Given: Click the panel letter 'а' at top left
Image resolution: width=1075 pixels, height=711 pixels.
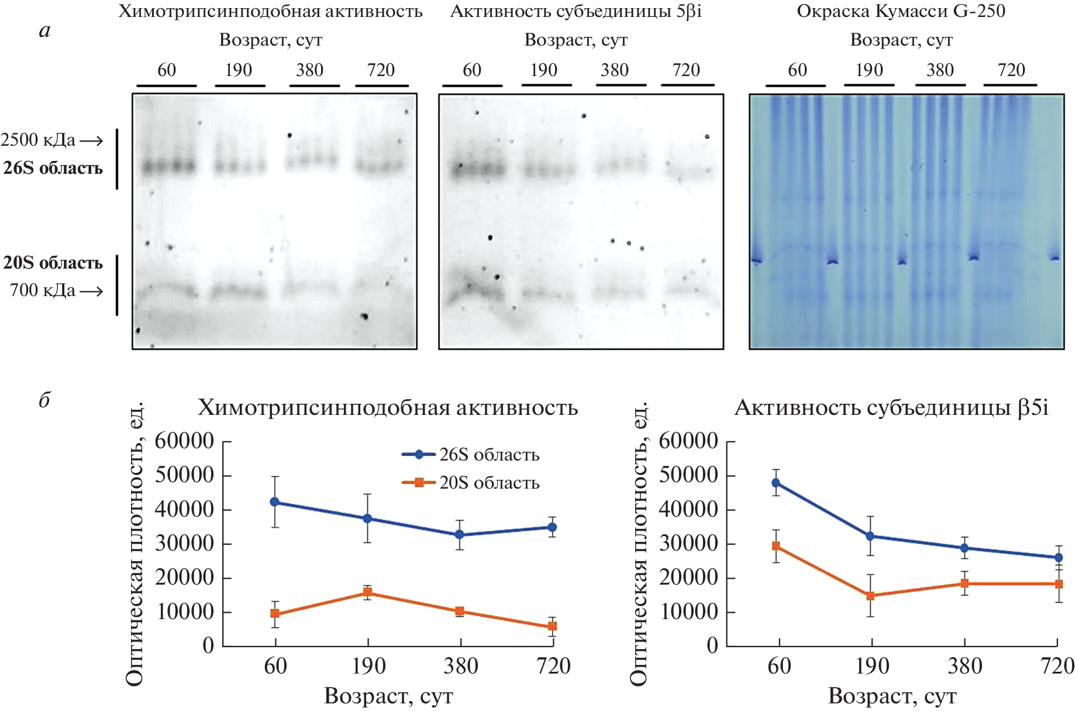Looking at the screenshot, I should (45, 30).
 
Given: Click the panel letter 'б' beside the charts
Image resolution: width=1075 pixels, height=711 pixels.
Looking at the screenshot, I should (44, 400).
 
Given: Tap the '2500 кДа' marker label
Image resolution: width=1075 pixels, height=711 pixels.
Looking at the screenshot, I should (38, 140).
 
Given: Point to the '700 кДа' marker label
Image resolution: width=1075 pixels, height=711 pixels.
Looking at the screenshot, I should (43, 290).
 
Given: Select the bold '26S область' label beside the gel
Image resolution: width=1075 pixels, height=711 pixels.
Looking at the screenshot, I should (53, 169).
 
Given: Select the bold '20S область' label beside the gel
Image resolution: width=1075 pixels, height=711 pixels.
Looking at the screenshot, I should (53, 263).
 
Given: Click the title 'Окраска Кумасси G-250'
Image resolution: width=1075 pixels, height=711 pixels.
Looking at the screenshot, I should (901, 11).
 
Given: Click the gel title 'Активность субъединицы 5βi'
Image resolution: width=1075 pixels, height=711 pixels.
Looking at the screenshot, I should (576, 11).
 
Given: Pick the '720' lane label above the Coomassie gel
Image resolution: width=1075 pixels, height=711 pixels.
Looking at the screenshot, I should (1011, 70).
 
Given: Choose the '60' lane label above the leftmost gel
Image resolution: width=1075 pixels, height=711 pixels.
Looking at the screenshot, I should (167, 70).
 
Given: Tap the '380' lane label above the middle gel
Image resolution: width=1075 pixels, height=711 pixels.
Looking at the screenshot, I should (615, 70).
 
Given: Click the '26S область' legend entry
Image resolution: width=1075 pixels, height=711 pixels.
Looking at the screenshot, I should (489, 455).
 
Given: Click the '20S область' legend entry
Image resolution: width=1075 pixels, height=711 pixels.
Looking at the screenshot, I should (489, 483).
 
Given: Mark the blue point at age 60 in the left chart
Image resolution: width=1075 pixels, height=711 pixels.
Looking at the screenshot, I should (275, 502).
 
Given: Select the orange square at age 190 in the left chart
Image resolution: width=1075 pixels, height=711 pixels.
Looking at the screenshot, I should (368, 593).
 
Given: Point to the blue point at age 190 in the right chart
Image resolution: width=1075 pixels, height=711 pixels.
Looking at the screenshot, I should (870, 536).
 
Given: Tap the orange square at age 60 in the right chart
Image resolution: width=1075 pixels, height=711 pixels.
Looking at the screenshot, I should (776, 546).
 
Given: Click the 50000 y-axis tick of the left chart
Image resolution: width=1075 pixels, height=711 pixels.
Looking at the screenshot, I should (184, 475).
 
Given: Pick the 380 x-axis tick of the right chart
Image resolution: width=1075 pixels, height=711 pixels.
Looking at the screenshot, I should (964, 667).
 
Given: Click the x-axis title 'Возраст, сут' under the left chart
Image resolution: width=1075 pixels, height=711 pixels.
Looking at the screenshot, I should (388, 696).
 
